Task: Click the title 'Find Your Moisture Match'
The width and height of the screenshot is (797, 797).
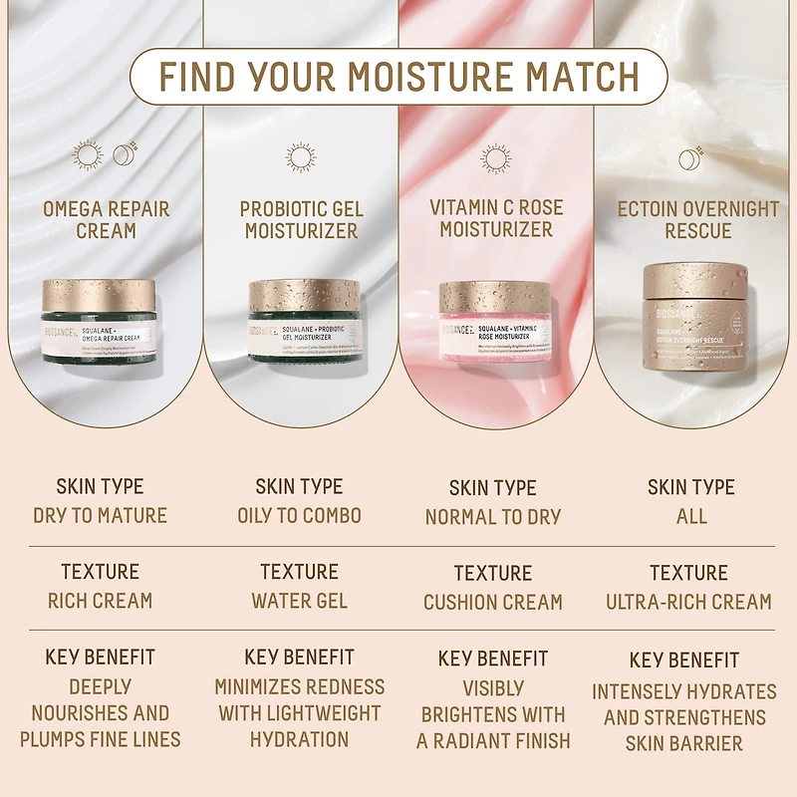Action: [x=398, y=76]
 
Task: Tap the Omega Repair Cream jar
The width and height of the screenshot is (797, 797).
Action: [x=99, y=317]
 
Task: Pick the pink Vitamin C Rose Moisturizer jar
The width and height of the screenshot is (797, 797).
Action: [x=494, y=318]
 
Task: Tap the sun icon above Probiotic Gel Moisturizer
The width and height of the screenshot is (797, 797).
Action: [x=299, y=156]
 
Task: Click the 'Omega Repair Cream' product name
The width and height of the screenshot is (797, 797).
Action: [x=106, y=220]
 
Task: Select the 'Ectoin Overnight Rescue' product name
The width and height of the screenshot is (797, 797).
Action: [x=697, y=219]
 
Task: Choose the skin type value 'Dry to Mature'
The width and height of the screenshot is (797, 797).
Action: [x=100, y=516]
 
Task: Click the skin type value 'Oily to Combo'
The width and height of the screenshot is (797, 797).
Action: [x=299, y=516]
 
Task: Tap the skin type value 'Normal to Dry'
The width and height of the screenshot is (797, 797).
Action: [x=493, y=517]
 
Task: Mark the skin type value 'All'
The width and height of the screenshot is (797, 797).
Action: [x=691, y=516]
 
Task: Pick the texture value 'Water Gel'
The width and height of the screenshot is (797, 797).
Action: [x=299, y=601]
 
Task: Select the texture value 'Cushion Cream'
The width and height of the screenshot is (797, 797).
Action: [x=493, y=602]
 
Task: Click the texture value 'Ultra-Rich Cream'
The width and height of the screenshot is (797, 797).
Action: [x=689, y=602]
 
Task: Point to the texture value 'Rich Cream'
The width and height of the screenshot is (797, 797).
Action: [x=100, y=601]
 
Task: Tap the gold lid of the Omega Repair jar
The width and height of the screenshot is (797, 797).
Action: [x=99, y=294]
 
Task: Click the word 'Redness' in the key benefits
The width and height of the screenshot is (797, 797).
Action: [x=345, y=686]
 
